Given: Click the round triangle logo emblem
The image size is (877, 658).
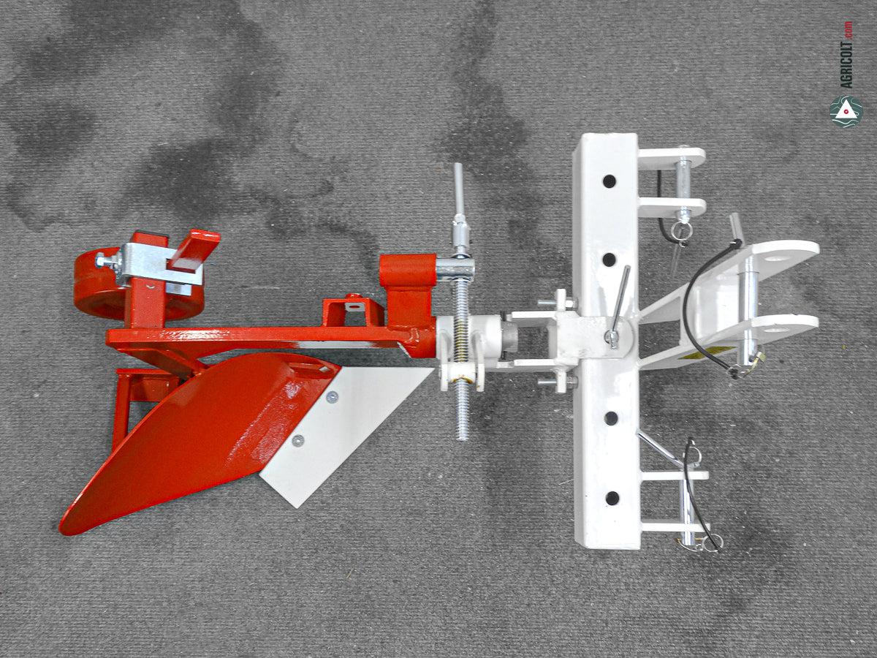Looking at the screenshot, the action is click(x=846, y=111).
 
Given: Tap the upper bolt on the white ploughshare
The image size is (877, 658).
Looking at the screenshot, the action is click(x=332, y=397).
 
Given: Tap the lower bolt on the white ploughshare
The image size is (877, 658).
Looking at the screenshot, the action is click(x=297, y=440).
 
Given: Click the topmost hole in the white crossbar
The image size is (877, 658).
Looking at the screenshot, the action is click(x=610, y=181).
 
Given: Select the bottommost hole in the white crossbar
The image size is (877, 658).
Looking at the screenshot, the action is click(x=612, y=498).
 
